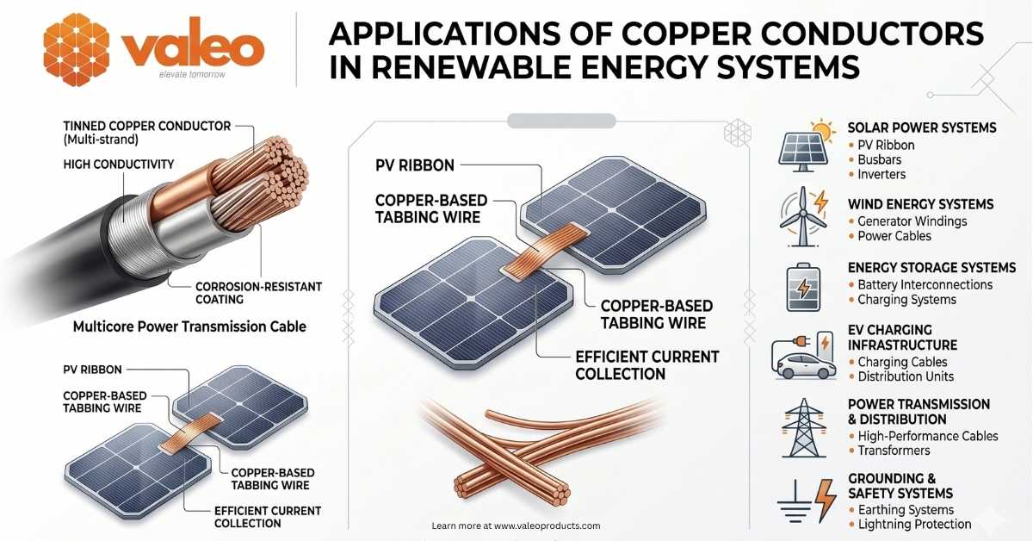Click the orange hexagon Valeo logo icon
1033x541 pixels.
tap(76, 50)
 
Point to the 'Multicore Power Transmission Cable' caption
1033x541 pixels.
tap(189, 327)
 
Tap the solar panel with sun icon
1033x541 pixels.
tap(807, 143)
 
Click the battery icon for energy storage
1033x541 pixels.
tap(802, 287)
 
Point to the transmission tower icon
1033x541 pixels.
tap(803, 426)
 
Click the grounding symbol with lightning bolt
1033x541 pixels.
tap(805, 501)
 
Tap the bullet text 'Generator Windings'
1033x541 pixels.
tap(912, 221)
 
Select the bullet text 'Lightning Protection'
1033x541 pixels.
tap(914, 525)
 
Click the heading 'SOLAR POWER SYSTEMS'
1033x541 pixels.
tap(922, 127)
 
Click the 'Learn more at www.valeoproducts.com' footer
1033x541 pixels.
tap(516, 525)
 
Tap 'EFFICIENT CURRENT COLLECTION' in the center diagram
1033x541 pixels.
tap(646, 365)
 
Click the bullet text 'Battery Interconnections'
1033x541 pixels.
tap(925, 285)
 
